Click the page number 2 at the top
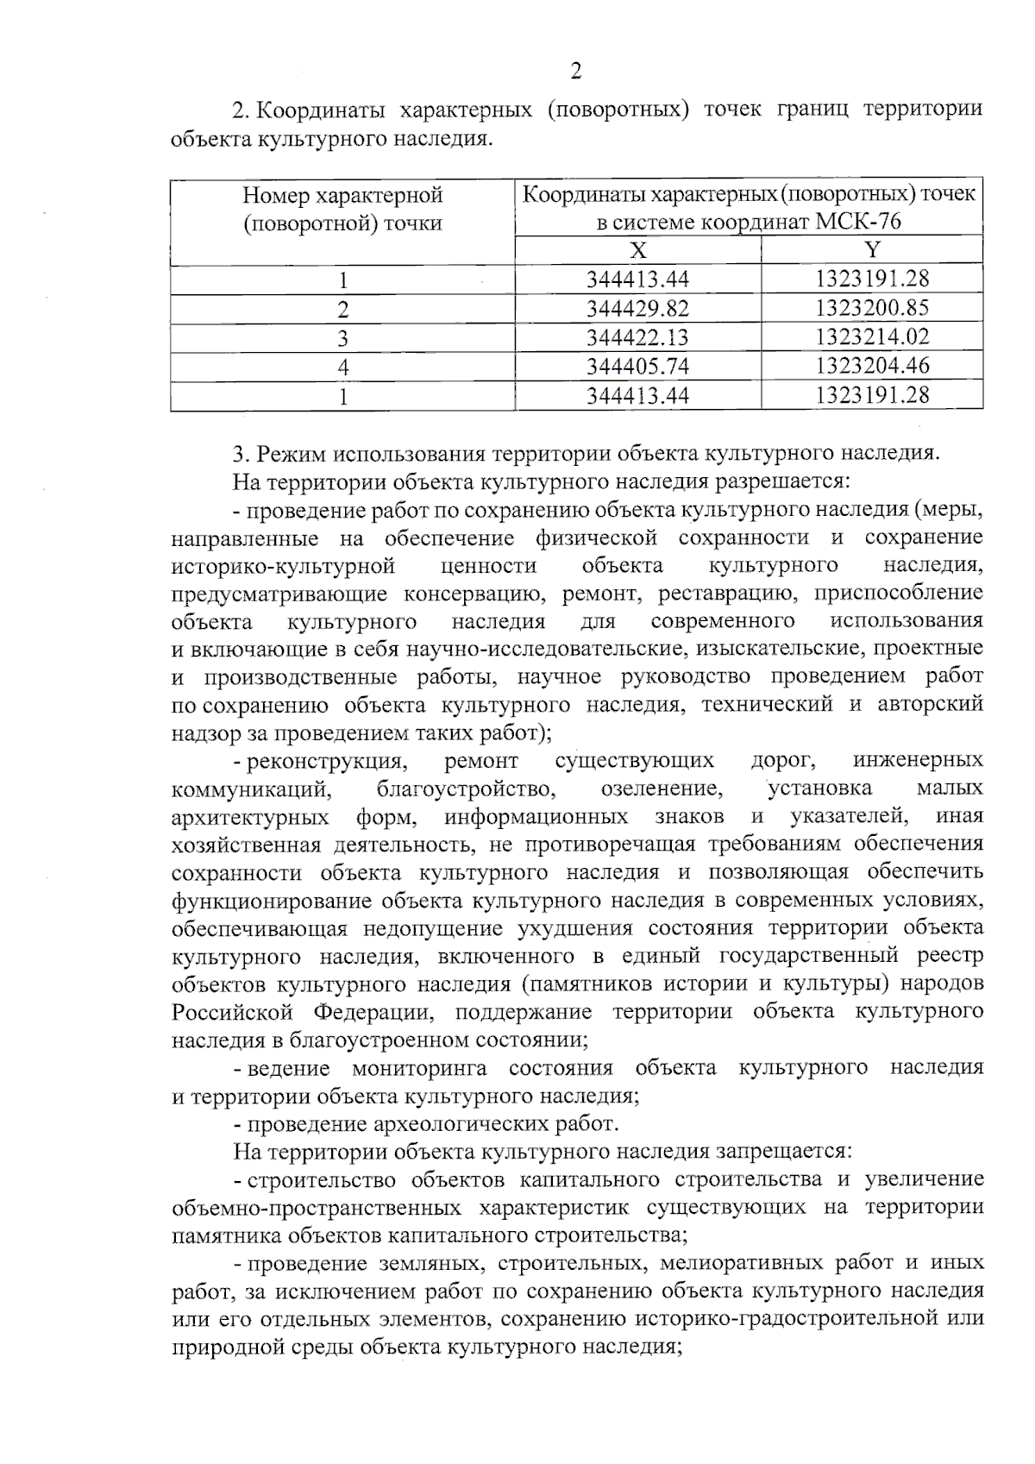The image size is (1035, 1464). click(576, 72)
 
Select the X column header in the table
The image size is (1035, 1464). click(637, 250)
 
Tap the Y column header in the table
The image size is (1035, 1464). click(872, 250)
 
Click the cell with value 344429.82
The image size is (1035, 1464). click(637, 309)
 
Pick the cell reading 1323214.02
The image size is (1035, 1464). click(872, 337)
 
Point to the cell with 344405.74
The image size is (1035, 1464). click(637, 367)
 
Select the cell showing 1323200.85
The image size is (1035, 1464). click(872, 309)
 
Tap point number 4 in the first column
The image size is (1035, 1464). click(342, 367)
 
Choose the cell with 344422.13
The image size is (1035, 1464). click(637, 337)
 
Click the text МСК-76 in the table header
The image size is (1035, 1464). click(857, 223)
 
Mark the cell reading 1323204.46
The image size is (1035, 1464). click(872, 367)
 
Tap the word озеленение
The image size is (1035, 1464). click(662, 789)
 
